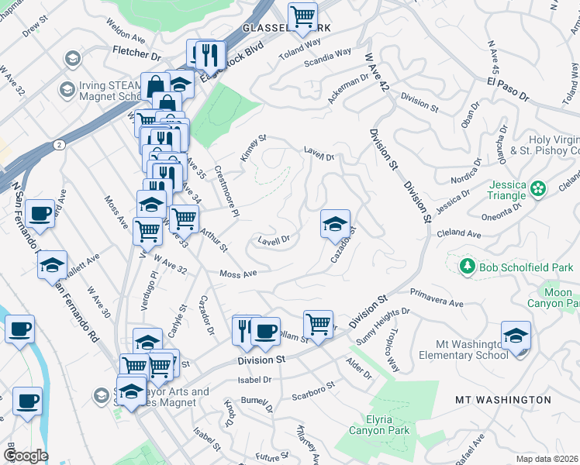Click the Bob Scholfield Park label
point(526,267)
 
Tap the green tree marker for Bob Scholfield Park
point(467,267)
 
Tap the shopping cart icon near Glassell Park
point(302,15)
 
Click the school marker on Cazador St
point(335,224)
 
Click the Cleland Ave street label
point(459,232)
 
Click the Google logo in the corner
point(25,456)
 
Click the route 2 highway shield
point(60,144)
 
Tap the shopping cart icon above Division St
point(317,323)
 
